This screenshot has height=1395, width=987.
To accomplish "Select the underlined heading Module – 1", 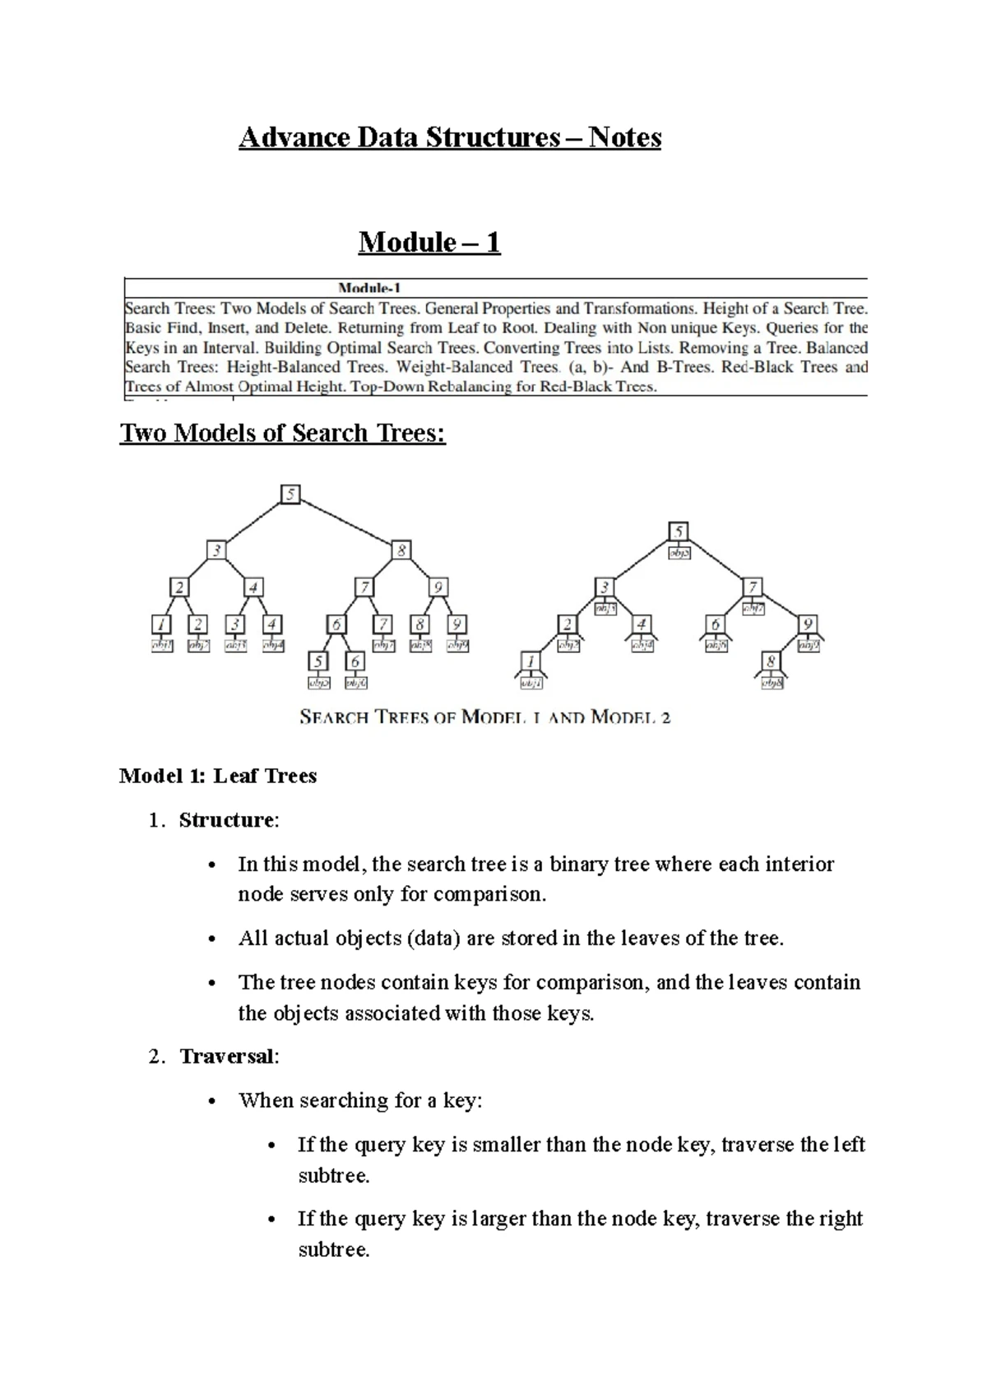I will coord(429,243).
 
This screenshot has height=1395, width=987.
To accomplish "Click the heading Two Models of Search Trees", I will coord(282,433).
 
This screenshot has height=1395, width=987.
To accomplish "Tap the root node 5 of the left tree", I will coord(290,494).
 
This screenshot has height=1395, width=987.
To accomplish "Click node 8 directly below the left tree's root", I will coord(401,550).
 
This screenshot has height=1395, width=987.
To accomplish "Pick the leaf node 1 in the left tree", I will coord(162,624).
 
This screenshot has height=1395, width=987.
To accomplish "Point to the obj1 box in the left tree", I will coord(162,646).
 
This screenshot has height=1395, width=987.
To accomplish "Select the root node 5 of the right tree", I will coord(679,532).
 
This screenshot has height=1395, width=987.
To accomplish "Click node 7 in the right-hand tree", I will coord(752,587).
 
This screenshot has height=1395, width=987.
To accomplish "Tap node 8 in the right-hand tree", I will coord(771,661).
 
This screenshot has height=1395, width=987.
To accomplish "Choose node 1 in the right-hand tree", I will coord(531,661).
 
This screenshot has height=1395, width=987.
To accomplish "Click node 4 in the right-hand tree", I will coord(642,624).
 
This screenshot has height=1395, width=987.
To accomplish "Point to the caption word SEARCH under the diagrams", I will coord(333,717).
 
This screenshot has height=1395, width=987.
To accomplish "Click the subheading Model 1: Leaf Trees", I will coord(218,776).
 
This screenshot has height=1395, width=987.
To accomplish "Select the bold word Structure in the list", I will coord(226,820).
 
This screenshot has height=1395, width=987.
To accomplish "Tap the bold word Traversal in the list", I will coord(227,1056).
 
